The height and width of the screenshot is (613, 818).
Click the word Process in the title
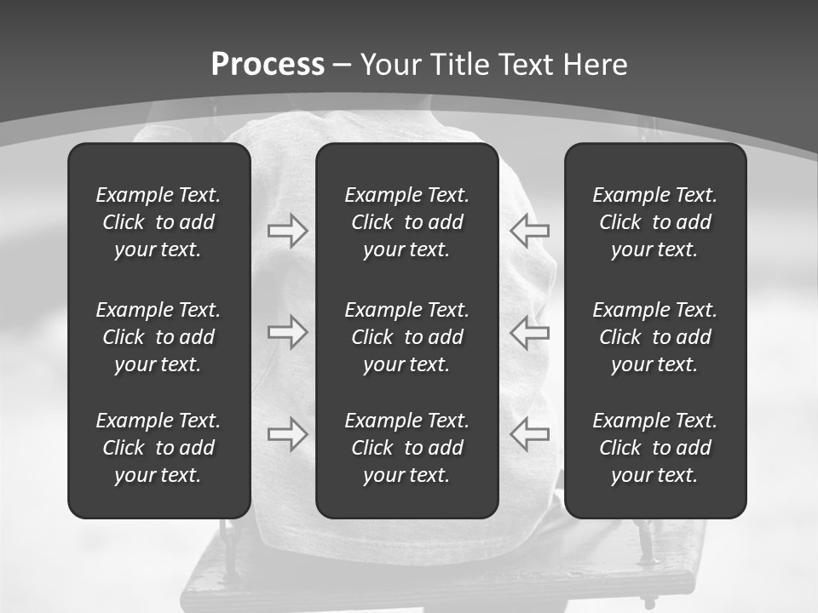(x=268, y=65)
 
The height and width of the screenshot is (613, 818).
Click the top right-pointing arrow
(x=287, y=231)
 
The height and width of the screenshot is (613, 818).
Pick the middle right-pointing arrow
(x=287, y=332)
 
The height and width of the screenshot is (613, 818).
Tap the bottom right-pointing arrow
(x=287, y=433)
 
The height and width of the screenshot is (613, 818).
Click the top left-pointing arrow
(x=530, y=231)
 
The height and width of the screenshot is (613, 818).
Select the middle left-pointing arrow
(x=530, y=332)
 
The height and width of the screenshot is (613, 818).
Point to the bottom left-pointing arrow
(x=530, y=433)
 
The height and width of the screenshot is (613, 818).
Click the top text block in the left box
(x=158, y=222)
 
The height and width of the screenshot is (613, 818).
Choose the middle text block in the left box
(x=158, y=337)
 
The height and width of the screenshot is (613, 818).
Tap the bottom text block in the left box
(x=158, y=448)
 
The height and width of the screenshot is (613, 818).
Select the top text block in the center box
(x=406, y=222)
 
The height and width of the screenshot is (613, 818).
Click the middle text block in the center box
(x=406, y=337)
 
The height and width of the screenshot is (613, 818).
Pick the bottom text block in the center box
(x=406, y=448)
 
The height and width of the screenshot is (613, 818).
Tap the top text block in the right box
(x=654, y=222)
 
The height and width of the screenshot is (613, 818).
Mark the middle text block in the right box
(x=654, y=337)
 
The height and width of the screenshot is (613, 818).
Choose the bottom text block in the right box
(x=654, y=448)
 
